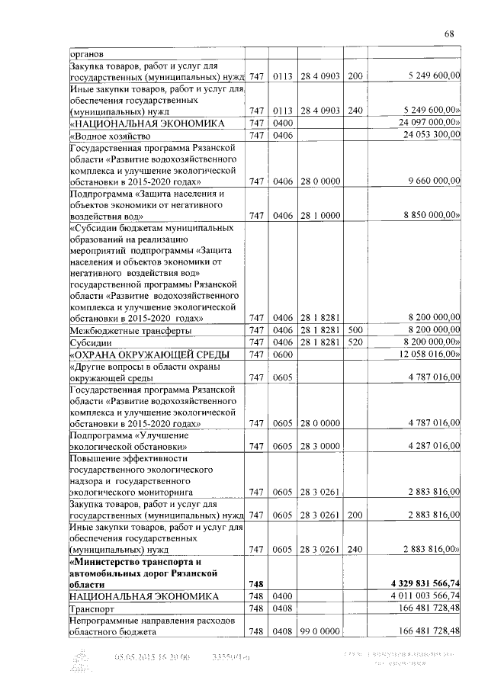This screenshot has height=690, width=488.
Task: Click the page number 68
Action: point(449,34)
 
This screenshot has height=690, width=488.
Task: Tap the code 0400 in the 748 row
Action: point(283,595)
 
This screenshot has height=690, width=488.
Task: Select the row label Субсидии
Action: point(91,343)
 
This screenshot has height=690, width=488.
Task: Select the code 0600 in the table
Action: point(283,355)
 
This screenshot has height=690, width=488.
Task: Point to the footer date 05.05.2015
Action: point(136,657)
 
